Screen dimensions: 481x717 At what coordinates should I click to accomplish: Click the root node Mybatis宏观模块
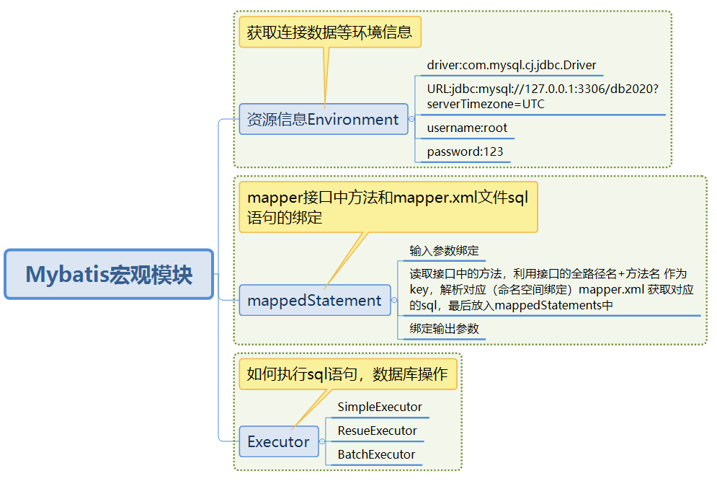coord(109,275)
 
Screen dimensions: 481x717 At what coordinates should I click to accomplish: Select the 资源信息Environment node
coord(323,119)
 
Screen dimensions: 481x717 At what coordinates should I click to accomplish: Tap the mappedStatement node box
coord(314,301)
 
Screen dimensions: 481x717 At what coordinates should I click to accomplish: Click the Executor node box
coord(278,442)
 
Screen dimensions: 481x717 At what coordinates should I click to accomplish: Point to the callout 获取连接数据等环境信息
coord(329,32)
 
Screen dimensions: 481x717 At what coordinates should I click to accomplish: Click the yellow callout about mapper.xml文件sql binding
coord(388,207)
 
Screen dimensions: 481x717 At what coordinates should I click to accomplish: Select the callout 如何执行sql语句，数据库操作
coord(347,374)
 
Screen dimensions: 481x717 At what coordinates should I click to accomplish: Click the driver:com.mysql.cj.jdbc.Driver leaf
coord(511,66)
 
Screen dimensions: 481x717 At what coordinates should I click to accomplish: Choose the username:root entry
coord(467,128)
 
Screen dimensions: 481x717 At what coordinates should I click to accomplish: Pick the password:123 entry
coord(465,152)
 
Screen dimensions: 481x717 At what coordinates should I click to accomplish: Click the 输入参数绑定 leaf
coord(444,251)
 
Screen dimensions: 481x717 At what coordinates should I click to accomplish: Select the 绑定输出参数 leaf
coord(444,328)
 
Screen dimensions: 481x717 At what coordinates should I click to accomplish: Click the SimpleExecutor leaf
coord(380,407)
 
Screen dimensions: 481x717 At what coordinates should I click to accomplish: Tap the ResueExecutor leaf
coord(377,431)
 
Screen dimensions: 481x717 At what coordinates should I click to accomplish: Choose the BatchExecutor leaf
coord(376,455)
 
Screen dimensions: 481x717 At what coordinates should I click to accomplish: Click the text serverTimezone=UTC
coord(486,105)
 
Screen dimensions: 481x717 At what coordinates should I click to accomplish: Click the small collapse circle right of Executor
coord(323,442)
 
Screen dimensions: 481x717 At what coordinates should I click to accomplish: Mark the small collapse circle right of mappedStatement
coord(394,301)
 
